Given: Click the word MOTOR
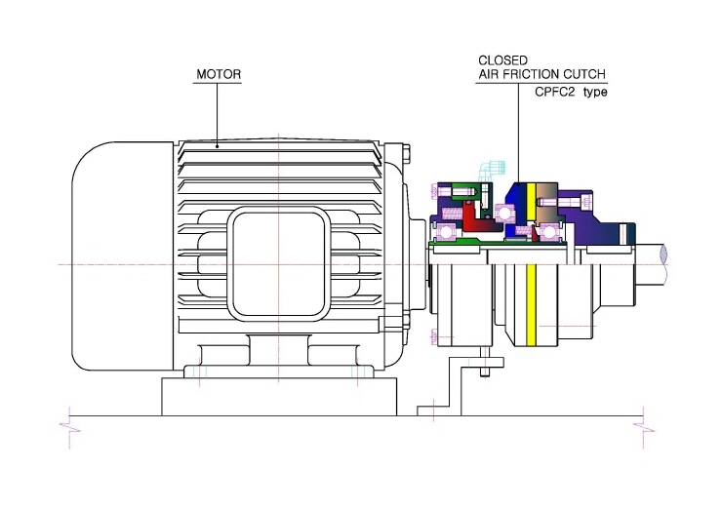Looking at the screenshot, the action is pyautogui.click(x=219, y=74).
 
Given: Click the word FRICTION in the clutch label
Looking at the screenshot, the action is pyautogui.click(x=531, y=74).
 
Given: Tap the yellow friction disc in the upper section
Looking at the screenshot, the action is pyautogui.click(x=531, y=202).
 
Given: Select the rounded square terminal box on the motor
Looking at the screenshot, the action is pyautogui.click(x=279, y=263).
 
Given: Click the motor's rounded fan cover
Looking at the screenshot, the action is pyautogui.click(x=123, y=255).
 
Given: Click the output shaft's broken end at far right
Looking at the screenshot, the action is pyautogui.click(x=663, y=263).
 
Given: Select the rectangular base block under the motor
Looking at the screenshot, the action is pyautogui.click(x=279, y=397).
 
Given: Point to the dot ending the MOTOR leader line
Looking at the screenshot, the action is pyautogui.click(x=218, y=147).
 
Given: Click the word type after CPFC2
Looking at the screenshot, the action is pyautogui.click(x=595, y=92).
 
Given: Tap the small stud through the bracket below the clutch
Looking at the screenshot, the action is pyautogui.click(x=484, y=362).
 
